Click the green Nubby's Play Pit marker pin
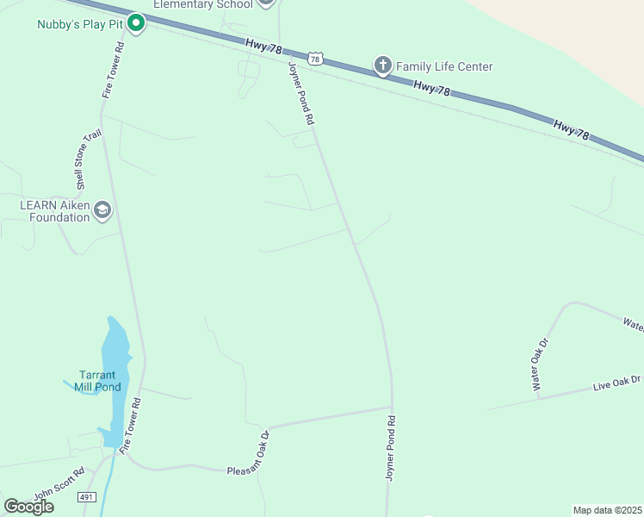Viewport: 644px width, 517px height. point(135,23)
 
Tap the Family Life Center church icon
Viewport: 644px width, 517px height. point(382,65)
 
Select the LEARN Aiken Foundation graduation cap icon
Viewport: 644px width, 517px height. point(102,209)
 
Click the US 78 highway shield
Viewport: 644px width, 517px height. point(316,59)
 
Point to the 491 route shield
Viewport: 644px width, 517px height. point(86,497)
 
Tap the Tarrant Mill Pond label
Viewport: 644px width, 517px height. point(103,381)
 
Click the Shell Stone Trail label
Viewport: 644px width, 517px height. point(84,161)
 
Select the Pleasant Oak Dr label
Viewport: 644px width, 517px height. point(249,453)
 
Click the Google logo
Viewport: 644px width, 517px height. point(28,507)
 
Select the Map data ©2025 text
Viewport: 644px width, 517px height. point(607,510)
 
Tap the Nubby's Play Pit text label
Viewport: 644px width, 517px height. point(80,24)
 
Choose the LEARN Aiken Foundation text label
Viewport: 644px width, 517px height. point(54,211)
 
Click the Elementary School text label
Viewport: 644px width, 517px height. point(203,4)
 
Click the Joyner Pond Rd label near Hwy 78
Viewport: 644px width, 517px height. point(300,95)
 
